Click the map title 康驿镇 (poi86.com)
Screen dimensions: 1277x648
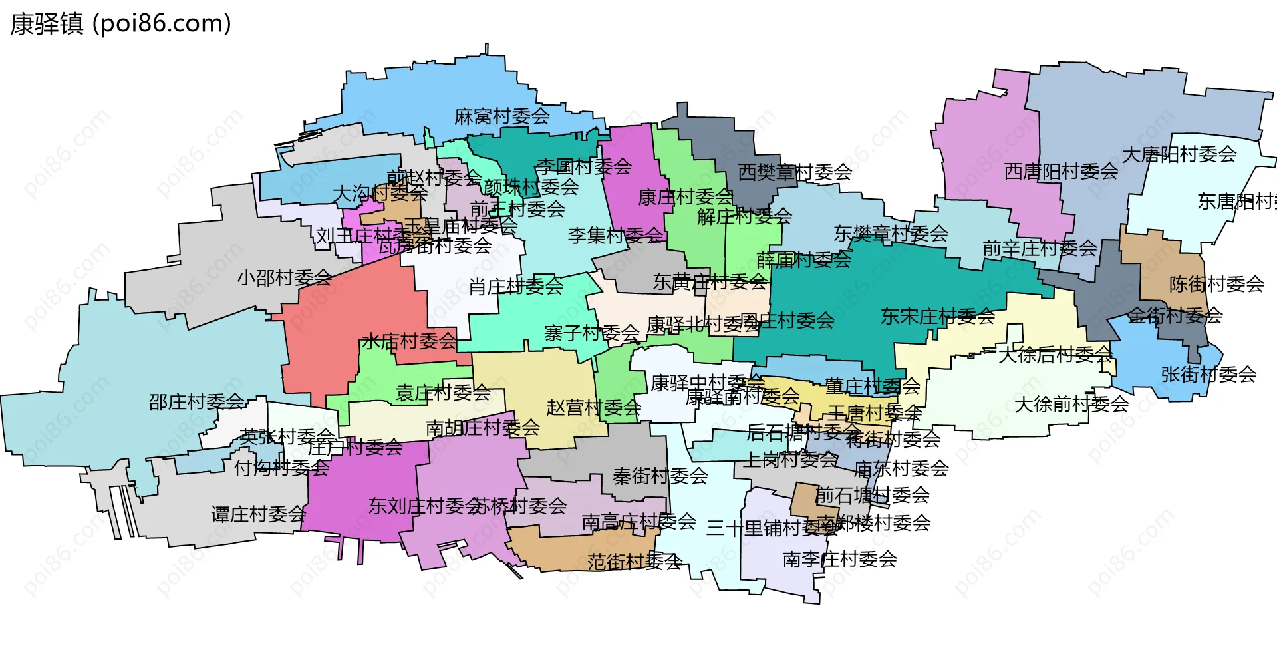point(120,24)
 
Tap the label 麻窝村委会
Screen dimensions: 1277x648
point(501,117)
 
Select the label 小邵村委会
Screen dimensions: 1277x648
point(285,277)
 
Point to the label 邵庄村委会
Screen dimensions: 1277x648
point(197,402)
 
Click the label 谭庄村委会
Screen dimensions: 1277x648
point(259,514)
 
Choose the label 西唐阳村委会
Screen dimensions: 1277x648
point(1061,172)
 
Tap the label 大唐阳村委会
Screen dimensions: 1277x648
point(1179,155)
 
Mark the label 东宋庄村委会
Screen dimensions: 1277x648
point(938,317)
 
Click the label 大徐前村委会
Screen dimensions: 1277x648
point(1071,404)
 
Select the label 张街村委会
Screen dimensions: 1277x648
point(1208,375)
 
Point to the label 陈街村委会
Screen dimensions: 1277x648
point(1216,285)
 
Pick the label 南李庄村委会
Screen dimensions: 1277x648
point(839,560)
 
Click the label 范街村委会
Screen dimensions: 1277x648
point(634,562)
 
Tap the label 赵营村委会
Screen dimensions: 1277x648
point(593,408)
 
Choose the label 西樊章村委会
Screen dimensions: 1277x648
point(795,172)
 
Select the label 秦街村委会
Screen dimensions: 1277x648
point(660,476)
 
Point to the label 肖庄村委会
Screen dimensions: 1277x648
point(515,287)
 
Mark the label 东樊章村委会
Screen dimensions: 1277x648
point(891,234)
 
